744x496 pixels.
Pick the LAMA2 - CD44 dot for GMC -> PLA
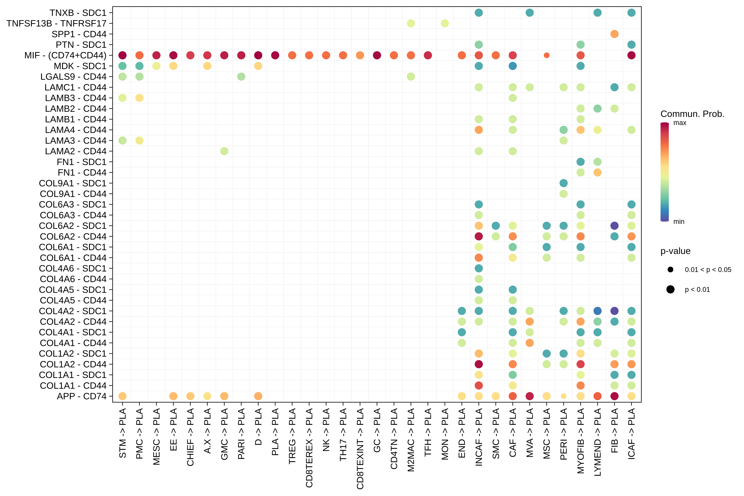click(x=224, y=151)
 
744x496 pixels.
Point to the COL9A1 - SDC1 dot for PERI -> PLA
click(x=563, y=183)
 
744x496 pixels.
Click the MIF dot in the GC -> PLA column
click(x=377, y=55)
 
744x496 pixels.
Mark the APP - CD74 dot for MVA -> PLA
click(x=530, y=396)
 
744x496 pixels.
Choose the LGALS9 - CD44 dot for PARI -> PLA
click(x=241, y=77)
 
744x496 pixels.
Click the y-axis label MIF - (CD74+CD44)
click(x=65, y=55)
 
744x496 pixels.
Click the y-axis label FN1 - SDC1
click(x=82, y=162)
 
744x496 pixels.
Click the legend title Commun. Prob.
click(x=692, y=114)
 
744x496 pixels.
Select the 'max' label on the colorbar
click(x=680, y=123)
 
